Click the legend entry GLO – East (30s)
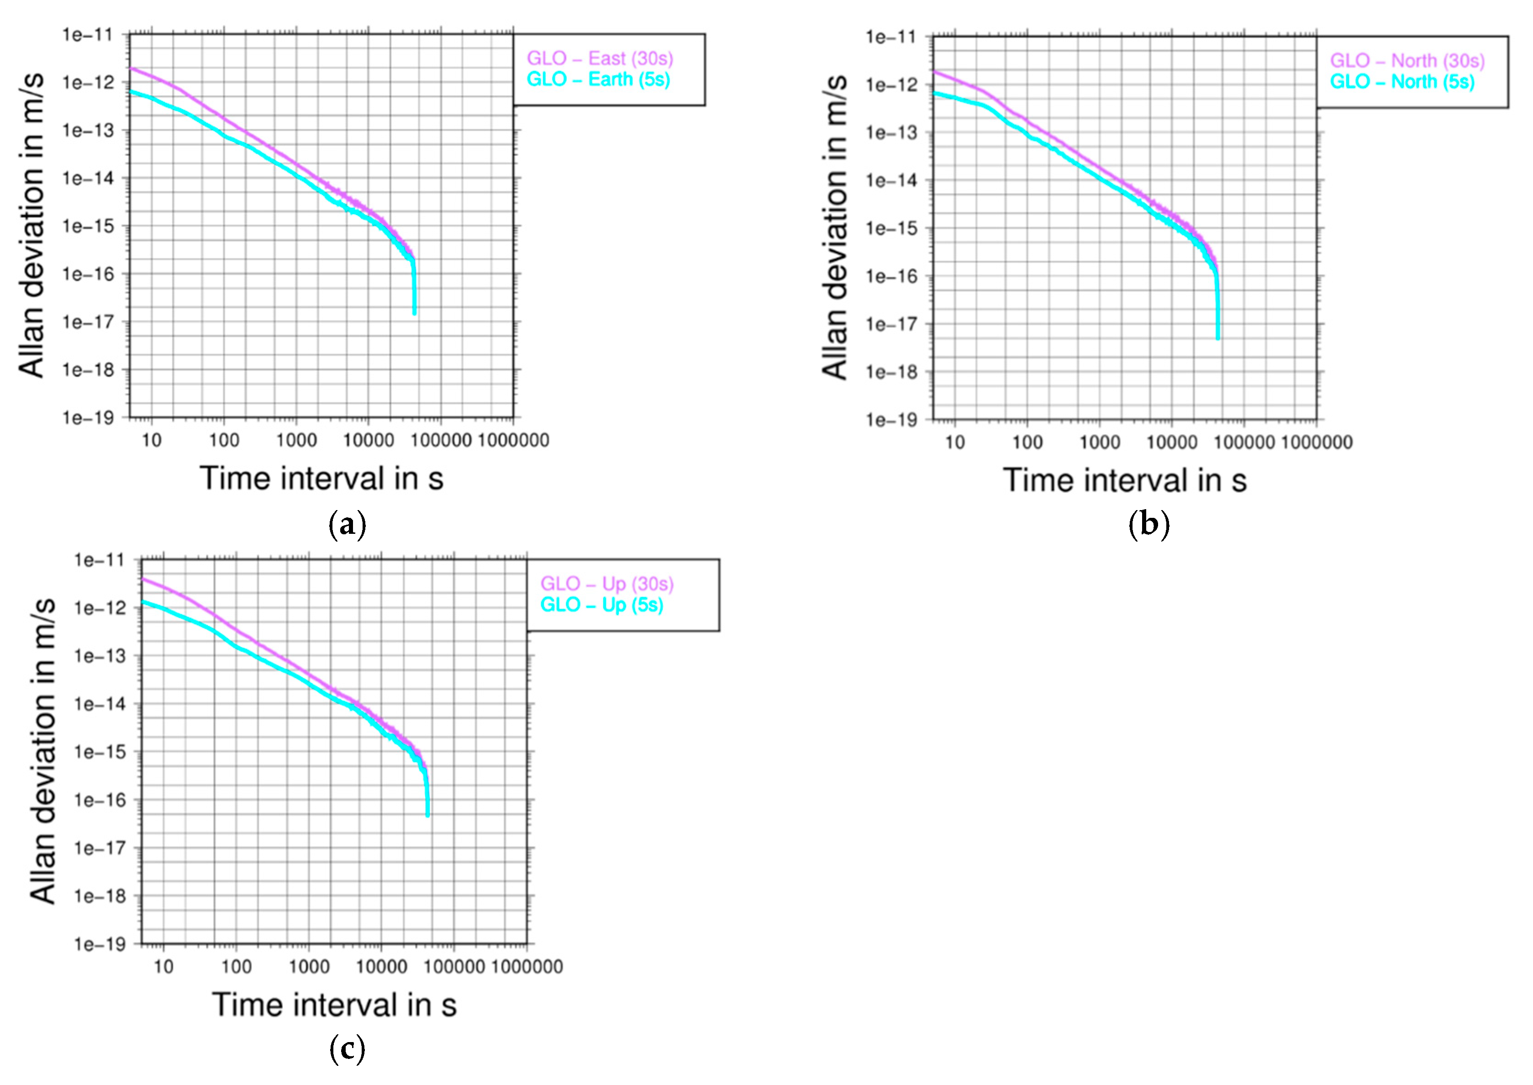click(599, 59)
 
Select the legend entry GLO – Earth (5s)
click(598, 79)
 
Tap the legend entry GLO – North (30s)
click(1407, 61)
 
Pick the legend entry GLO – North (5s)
click(1401, 81)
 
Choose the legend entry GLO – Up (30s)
click(606, 584)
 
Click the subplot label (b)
click(1148, 525)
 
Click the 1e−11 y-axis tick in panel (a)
click(88, 35)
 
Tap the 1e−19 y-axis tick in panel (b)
click(891, 420)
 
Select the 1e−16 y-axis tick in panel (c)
click(100, 800)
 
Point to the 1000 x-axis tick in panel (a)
click(296, 440)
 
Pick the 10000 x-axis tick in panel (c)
click(381, 967)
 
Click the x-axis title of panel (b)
click(1124, 480)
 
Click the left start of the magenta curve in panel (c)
click(142, 579)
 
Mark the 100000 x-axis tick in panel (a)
click(440, 440)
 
